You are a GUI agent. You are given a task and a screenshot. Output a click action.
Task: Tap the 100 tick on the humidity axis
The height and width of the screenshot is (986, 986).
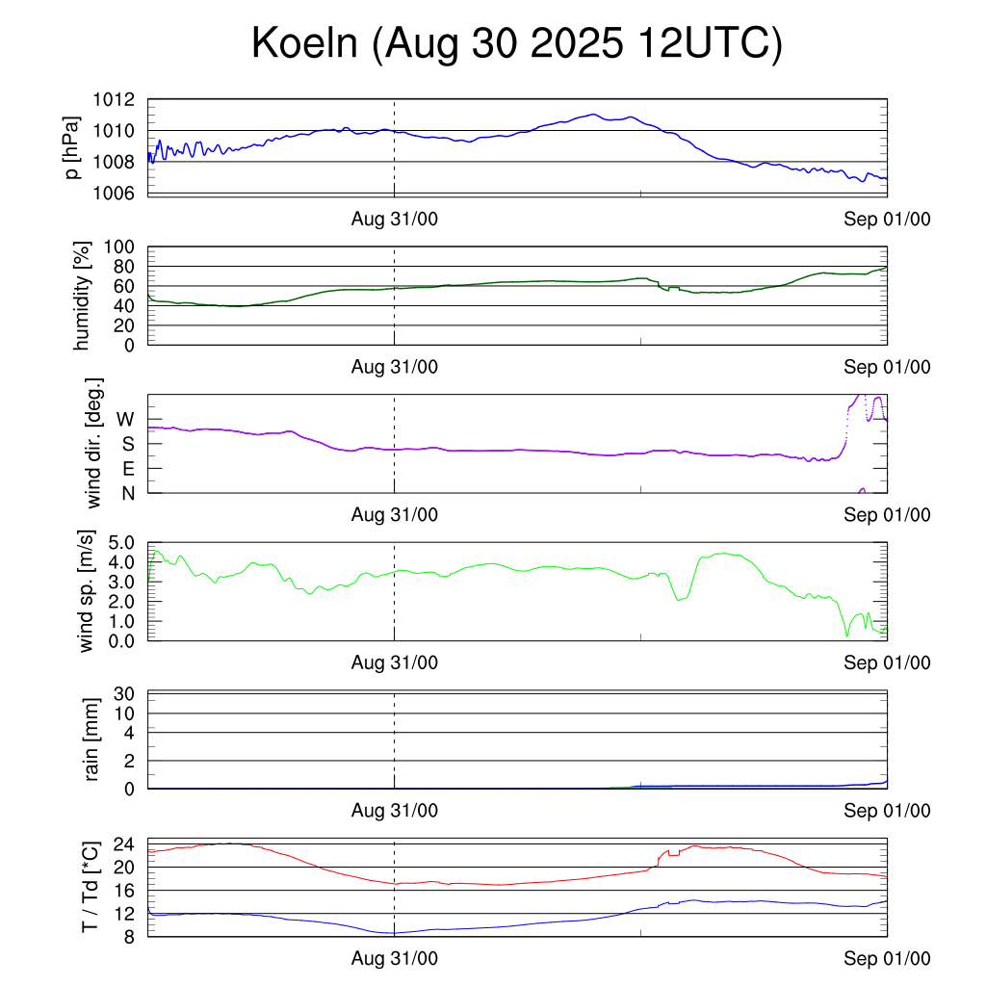pyautogui.click(x=121, y=246)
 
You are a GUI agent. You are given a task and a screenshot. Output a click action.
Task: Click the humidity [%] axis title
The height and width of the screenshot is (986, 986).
pyautogui.click(x=84, y=296)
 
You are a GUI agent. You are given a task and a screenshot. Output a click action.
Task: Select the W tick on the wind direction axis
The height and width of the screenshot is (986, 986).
pyautogui.click(x=125, y=420)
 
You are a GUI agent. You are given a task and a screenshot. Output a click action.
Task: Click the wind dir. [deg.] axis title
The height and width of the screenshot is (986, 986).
pyautogui.click(x=93, y=444)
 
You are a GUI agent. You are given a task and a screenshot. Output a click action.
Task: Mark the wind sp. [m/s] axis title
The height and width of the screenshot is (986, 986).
pyautogui.click(x=87, y=590)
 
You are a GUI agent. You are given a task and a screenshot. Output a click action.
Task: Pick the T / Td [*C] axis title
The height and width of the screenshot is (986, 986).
pyautogui.click(x=89, y=887)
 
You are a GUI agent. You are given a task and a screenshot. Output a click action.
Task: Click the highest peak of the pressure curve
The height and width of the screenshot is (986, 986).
pyautogui.click(x=593, y=115)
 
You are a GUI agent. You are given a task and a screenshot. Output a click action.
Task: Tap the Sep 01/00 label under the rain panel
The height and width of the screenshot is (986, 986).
pyautogui.click(x=887, y=811)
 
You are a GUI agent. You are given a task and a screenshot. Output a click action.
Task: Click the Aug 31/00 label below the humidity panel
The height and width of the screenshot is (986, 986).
pyautogui.click(x=394, y=367)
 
